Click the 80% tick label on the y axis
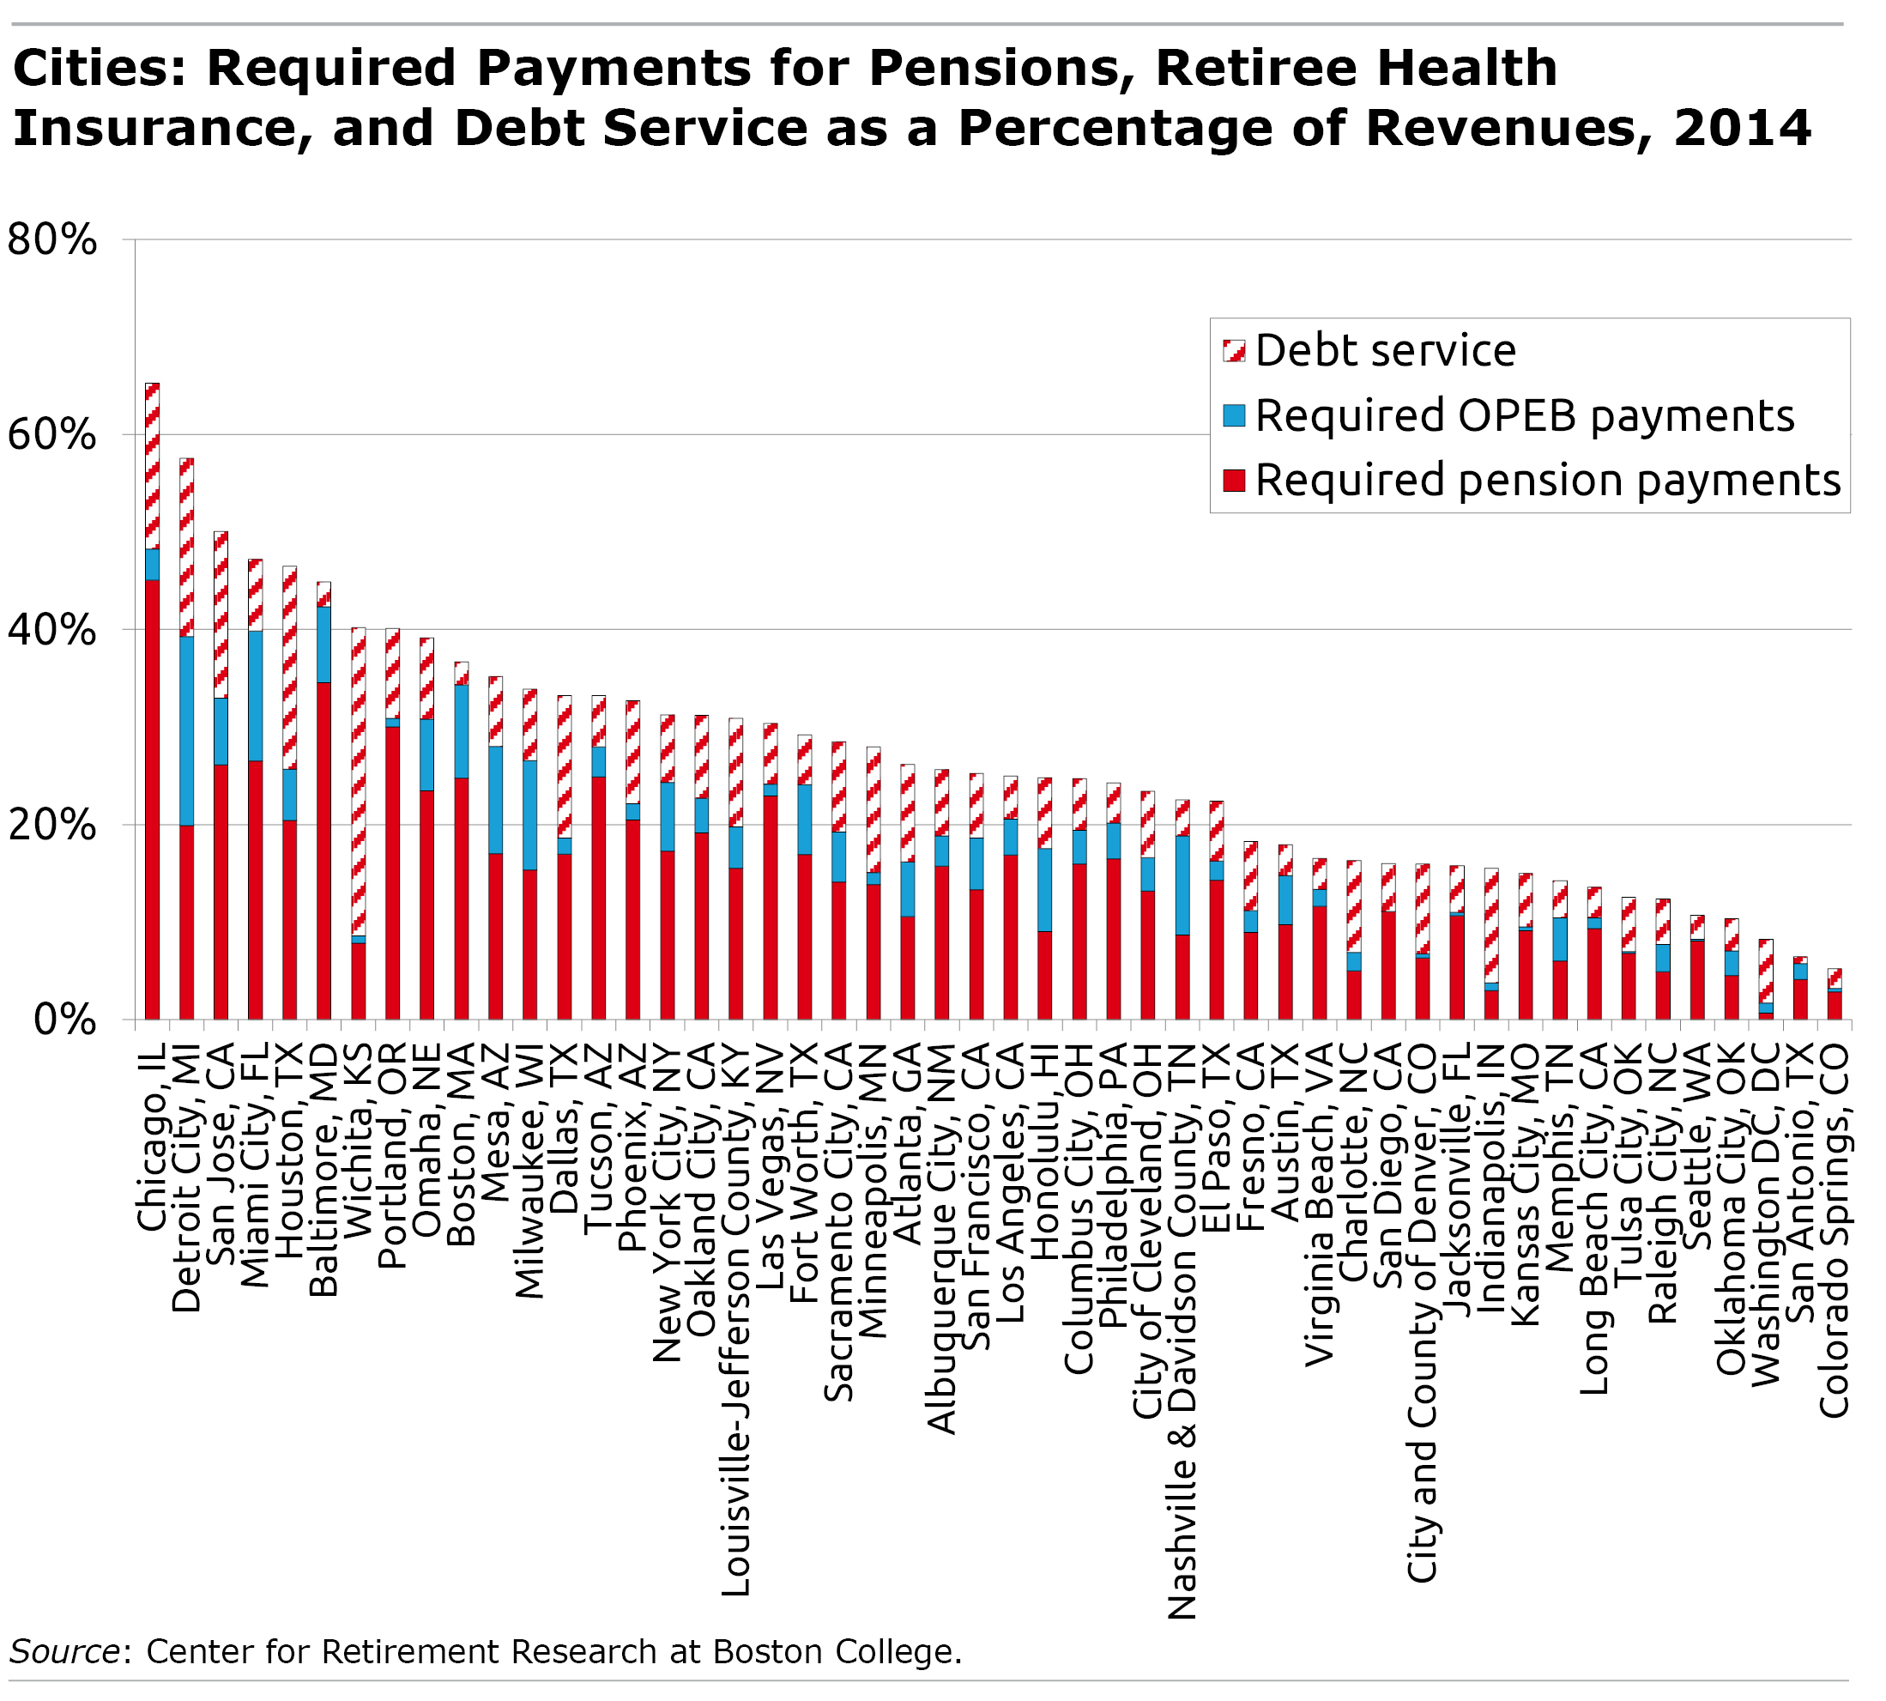tap(52, 240)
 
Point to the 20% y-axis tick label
tap(52, 826)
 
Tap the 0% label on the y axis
tap(65, 1020)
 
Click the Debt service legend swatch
tap(1234, 351)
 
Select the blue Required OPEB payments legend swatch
tap(1234, 416)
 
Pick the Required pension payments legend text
tap(1547, 481)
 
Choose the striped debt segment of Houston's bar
tap(290, 668)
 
